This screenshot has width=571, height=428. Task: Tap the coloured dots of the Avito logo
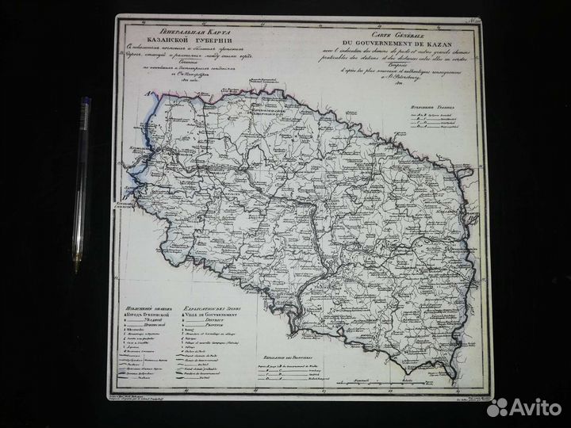(498, 407)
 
